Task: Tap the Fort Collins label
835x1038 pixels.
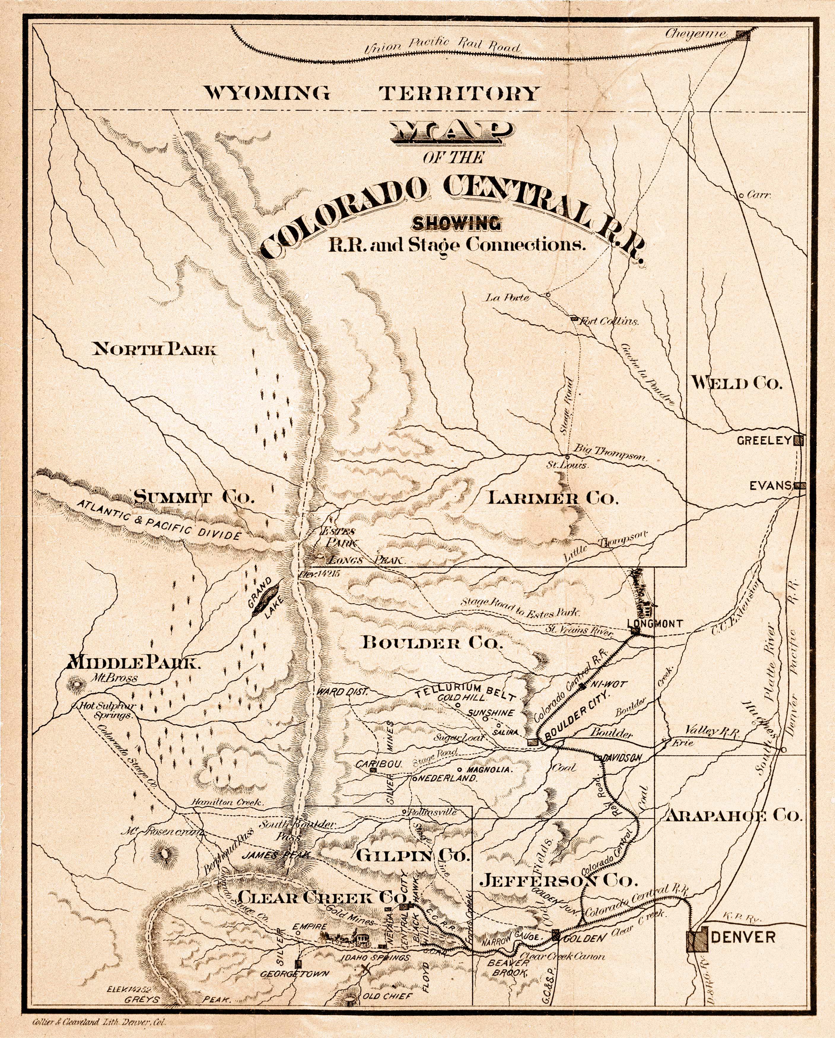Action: tap(610, 321)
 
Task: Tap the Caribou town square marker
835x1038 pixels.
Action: tap(373, 770)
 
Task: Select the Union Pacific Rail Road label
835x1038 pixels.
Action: tap(443, 47)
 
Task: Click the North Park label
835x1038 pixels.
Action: tap(154, 348)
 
